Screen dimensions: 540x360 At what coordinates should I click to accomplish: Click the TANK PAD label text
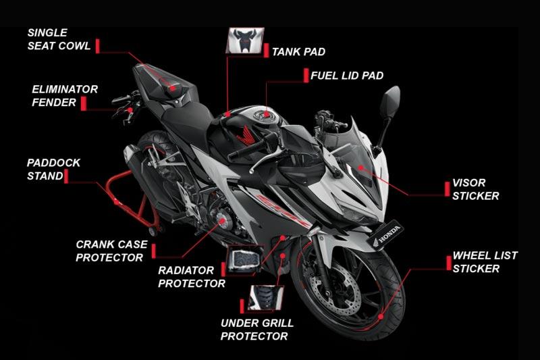point(298,52)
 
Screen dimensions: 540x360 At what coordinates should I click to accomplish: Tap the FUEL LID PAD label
point(347,76)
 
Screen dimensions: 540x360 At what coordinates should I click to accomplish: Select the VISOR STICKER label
point(476,189)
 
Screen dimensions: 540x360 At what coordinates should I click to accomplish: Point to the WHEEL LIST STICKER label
point(485,262)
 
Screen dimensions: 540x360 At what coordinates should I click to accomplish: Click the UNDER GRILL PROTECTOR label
point(257,330)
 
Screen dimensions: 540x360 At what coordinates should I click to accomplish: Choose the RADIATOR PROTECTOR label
point(192,277)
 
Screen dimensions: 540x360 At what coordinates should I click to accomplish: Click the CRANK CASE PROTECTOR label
point(111,251)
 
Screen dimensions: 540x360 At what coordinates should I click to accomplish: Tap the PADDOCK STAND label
point(53,169)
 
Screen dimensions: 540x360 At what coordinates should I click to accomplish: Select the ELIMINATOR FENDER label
point(65,96)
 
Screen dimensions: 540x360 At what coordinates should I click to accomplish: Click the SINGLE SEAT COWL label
point(59,39)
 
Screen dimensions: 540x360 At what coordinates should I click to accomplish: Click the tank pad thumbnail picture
point(245,41)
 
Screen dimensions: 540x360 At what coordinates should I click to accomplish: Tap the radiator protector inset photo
point(244,259)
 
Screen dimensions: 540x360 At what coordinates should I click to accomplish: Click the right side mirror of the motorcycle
point(391,101)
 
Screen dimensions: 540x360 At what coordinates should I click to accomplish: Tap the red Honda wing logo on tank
point(245,135)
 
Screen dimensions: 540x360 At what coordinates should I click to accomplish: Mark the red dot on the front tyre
point(381,316)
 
